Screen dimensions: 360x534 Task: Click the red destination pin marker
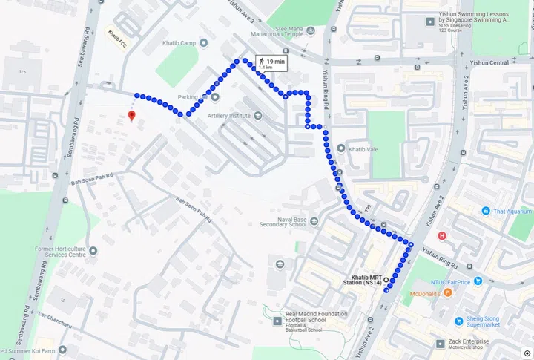[x=131, y=116]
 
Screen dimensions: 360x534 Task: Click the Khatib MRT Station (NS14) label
[x=366, y=280]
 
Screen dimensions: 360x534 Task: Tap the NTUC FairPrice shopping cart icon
[x=478, y=281]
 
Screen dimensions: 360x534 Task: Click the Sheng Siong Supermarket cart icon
[x=460, y=321]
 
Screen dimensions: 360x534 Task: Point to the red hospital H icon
[x=443, y=236]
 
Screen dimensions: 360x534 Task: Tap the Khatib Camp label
[x=179, y=43]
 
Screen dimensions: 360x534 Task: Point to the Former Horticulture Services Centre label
[x=61, y=252]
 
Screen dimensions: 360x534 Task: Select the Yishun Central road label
[x=489, y=62]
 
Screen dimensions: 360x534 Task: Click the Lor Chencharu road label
[x=56, y=318]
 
